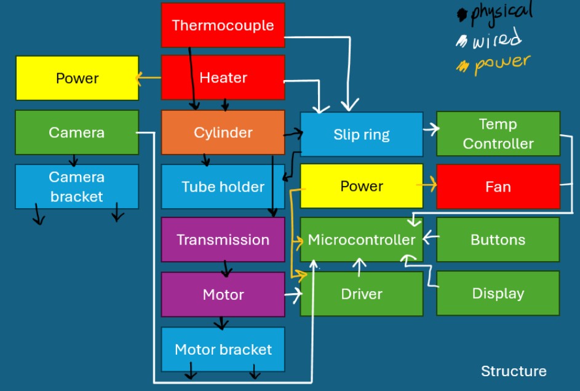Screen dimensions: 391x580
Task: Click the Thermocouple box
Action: (223, 25)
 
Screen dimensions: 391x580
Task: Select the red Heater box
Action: (223, 78)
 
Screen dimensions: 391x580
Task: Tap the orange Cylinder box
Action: (223, 132)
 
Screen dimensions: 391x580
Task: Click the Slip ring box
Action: (361, 134)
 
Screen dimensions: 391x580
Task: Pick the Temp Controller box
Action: (498, 134)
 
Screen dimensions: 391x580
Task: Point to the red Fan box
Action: (498, 187)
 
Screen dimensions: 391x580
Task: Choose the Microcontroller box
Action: (361, 240)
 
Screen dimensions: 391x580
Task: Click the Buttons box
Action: (498, 240)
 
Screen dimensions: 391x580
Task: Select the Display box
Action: (498, 294)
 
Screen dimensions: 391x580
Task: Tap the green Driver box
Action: (361, 294)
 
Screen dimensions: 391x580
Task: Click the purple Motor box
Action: (223, 294)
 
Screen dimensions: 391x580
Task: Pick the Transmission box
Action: (223, 240)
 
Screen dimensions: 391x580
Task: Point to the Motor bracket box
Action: (223, 349)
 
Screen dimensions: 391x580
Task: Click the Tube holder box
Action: (223, 187)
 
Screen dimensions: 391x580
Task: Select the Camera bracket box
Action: (77, 187)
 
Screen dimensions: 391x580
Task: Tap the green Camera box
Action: (77, 132)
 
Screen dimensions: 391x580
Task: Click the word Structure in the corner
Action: (513, 371)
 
